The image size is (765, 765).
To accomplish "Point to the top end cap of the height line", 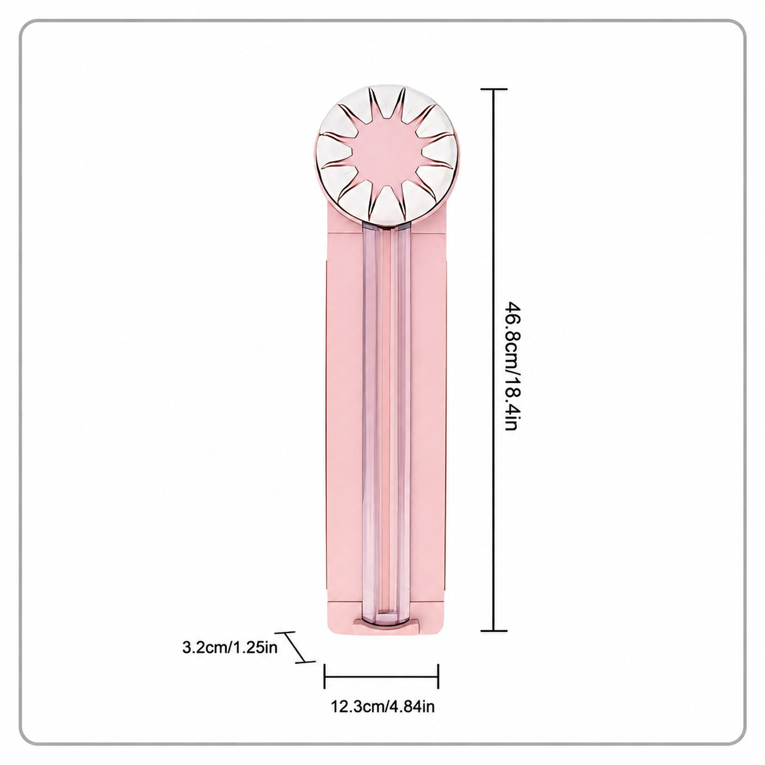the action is pyautogui.click(x=494, y=90).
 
